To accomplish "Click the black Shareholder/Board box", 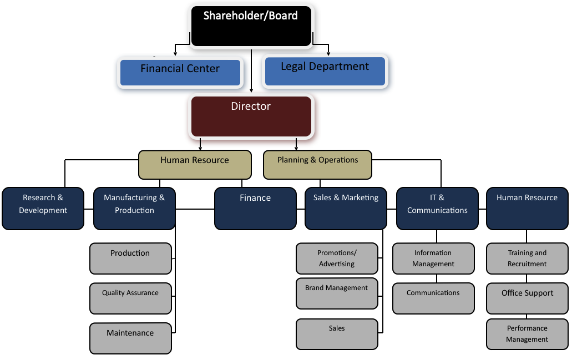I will (x=251, y=26).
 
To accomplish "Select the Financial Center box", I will (x=180, y=72).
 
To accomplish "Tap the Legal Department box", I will (x=325, y=71).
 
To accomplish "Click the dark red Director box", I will (x=251, y=116).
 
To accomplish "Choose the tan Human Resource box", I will (x=194, y=165).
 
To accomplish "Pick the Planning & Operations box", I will (x=318, y=165).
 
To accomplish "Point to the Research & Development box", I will (x=43, y=208).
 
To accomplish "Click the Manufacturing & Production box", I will (x=134, y=208).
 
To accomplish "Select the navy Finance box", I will (x=255, y=208).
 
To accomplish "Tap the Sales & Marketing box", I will (x=346, y=208).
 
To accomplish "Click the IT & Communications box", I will (x=437, y=208).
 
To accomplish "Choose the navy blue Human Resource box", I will (x=527, y=208).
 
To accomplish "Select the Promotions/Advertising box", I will (x=337, y=258).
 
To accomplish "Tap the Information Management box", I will (x=433, y=258).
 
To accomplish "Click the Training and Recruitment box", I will (x=527, y=258).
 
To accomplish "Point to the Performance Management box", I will (x=527, y=334).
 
